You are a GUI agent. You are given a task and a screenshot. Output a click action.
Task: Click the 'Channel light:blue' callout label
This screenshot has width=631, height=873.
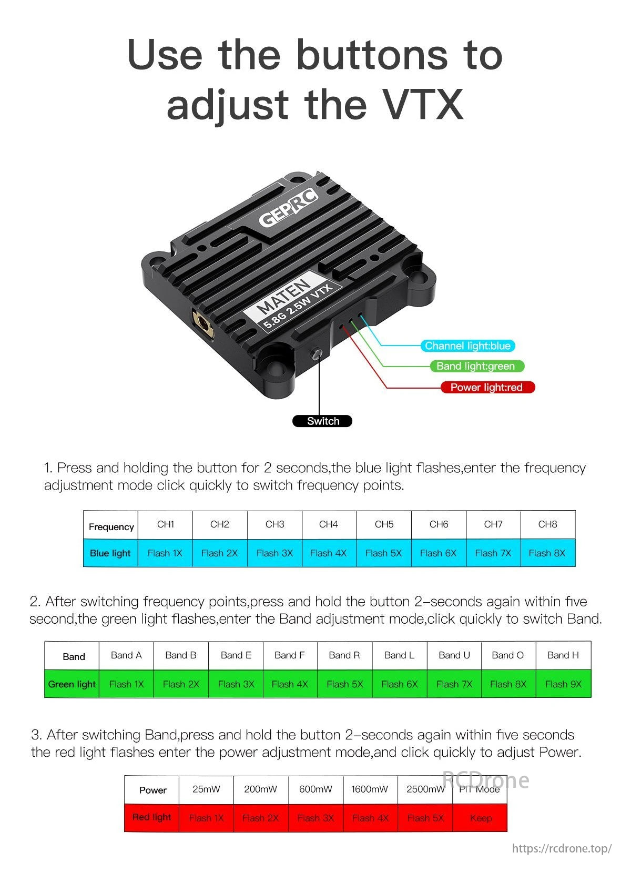click(x=467, y=346)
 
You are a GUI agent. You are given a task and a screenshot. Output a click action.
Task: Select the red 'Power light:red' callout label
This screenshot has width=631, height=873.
click(x=487, y=388)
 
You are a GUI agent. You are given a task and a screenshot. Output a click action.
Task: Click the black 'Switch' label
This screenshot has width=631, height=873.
click(x=322, y=421)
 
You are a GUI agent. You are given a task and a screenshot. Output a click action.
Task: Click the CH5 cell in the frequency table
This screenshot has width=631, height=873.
click(x=384, y=524)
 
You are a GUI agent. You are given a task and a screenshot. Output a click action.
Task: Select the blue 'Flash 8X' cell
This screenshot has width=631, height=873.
click(x=547, y=553)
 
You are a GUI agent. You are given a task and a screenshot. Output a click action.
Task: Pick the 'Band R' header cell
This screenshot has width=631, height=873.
click(x=344, y=655)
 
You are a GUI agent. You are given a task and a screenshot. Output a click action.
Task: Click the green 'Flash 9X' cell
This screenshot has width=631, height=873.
click(x=563, y=684)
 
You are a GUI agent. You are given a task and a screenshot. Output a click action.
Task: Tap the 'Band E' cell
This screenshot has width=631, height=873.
click(x=236, y=655)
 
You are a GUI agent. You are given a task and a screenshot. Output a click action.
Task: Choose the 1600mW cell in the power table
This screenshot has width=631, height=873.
click(x=370, y=789)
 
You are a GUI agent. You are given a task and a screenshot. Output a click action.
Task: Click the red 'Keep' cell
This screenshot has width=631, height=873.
click(x=481, y=818)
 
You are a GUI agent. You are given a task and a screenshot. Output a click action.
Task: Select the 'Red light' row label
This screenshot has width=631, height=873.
click(x=151, y=817)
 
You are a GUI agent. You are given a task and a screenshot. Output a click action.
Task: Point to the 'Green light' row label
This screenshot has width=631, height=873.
click(x=72, y=684)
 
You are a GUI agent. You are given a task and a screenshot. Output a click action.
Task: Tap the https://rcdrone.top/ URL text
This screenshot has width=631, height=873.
click(x=562, y=848)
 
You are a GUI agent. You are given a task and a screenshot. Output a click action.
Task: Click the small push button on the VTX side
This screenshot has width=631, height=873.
click(x=317, y=353)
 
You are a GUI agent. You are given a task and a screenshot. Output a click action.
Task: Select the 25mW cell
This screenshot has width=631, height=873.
click(x=206, y=789)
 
